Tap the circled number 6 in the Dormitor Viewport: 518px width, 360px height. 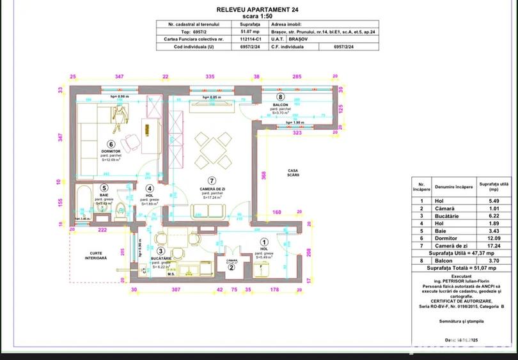pyautogui.click(x=111, y=145)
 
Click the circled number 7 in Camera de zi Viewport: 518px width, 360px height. pyautogui.click(x=211, y=181)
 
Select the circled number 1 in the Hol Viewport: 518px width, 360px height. pyautogui.click(x=264, y=242)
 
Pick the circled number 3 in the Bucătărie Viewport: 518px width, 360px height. pyautogui.click(x=161, y=251)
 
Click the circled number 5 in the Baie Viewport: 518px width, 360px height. pyautogui.click(x=104, y=189)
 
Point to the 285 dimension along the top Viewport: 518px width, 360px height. pyautogui.click(x=296, y=76)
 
